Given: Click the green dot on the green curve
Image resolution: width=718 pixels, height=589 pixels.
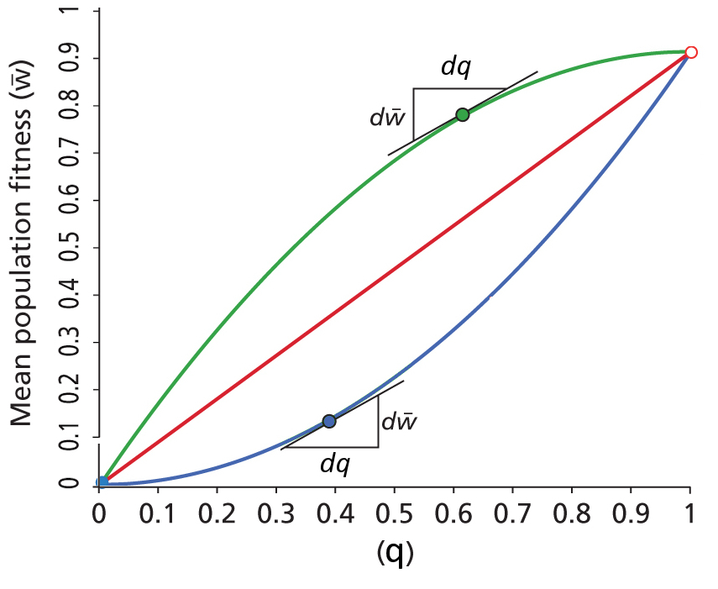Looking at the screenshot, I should coord(462,115).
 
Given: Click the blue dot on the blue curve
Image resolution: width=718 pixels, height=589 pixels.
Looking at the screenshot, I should coord(329,421).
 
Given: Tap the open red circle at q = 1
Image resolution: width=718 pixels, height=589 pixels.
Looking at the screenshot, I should coord(690,52).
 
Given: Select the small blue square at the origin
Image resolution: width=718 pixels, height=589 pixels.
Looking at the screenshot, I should coord(102,481).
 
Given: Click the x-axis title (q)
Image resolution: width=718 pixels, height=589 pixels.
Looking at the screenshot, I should coord(395,552).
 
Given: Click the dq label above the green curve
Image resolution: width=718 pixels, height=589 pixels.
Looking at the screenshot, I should coord(455,69).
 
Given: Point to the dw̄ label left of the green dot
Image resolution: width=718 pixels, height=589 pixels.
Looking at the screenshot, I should coord(388,117).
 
